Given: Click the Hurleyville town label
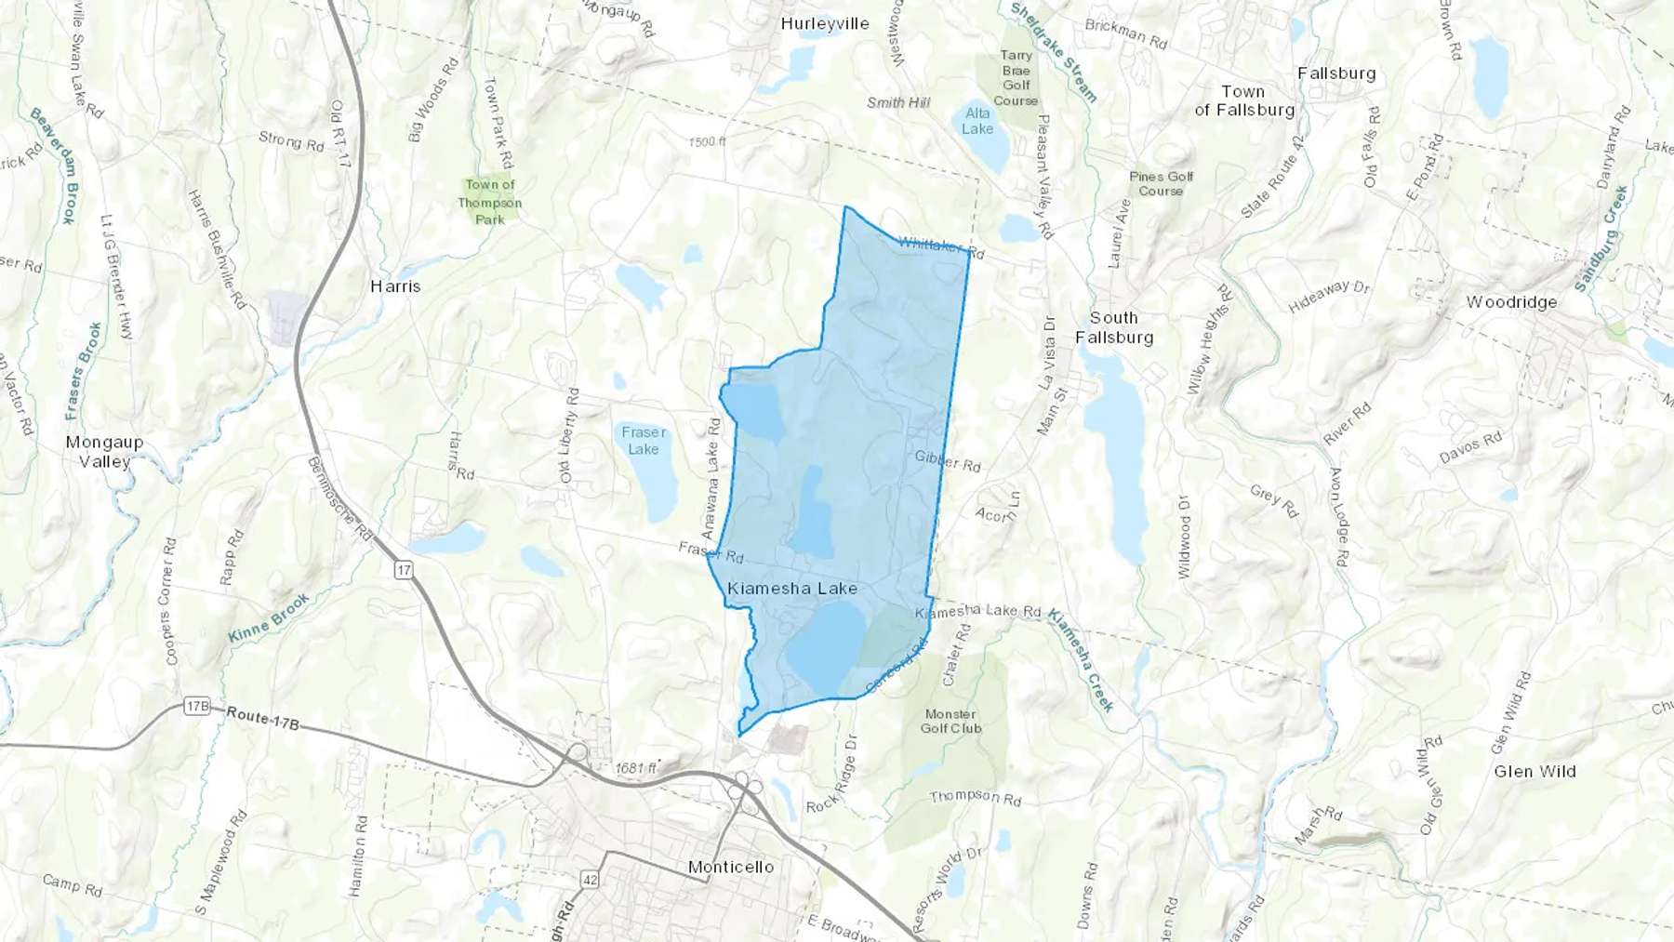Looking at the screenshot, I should pyautogui.click(x=824, y=24).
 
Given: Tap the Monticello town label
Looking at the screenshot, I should pyautogui.click(x=731, y=867).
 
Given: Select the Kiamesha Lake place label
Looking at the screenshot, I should pyautogui.click(x=792, y=588).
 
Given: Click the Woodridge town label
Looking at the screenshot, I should pyautogui.click(x=1511, y=302).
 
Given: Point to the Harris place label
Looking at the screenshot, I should pyautogui.click(x=395, y=286).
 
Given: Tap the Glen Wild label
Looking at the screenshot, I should pyautogui.click(x=1534, y=771).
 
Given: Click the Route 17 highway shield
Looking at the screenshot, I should pyautogui.click(x=403, y=570).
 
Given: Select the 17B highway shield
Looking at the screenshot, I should pyautogui.click(x=197, y=706).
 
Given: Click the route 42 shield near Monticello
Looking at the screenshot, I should pyautogui.click(x=590, y=879).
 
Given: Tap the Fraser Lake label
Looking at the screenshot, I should pyautogui.click(x=644, y=440).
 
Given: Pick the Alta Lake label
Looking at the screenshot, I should pyautogui.click(x=977, y=121).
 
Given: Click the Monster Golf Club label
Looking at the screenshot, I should pyautogui.click(x=950, y=721).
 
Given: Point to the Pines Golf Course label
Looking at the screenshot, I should pyautogui.click(x=1161, y=183).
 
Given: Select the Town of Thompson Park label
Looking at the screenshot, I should pyautogui.click(x=490, y=202).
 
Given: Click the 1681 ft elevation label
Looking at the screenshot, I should pyautogui.click(x=636, y=768).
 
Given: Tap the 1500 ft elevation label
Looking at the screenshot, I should pyautogui.click(x=707, y=141).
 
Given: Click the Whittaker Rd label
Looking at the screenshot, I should pyautogui.click(x=941, y=246).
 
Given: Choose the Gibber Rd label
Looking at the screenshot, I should pyautogui.click(x=947, y=460).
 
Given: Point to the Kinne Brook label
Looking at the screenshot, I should pyautogui.click(x=269, y=618).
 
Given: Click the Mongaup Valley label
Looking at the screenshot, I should pyautogui.click(x=104, y=452).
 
